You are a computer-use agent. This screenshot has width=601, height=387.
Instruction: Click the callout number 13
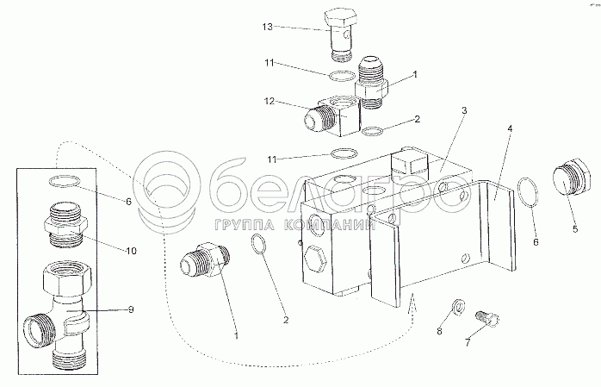[x=268, y=27]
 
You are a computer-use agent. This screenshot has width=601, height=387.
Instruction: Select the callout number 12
[x=270, y=101]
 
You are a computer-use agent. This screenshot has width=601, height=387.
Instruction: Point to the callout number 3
[x=464, y=111]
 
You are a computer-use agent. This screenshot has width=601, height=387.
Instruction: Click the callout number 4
[x=510, y=128]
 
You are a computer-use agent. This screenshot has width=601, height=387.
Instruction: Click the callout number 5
[x=575, y=229]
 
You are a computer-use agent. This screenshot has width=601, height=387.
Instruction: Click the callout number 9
[x=131, y=309]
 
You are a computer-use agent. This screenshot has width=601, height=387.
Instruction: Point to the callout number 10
[x=131, y=251]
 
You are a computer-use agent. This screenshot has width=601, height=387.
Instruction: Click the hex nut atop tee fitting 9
[x=66, y=276]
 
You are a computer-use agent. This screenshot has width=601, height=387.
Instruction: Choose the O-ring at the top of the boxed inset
[x=65, y=181]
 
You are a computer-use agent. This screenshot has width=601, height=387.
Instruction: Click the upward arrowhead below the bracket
[x=412, y=302]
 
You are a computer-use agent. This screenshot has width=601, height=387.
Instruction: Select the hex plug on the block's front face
[x=315, y=258]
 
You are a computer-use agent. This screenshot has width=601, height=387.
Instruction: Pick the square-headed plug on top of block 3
[x=408, y=162]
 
